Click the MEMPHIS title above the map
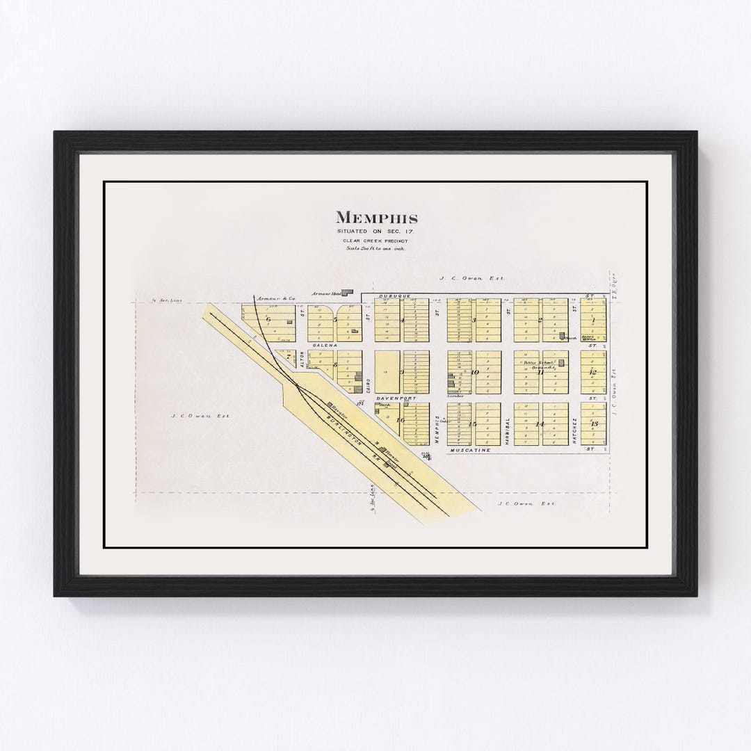click(x=377, y=218)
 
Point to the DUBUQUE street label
click(x=391, y=297)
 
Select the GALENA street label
click(x=325, y=346)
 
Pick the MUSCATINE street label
click(x=471, y=450)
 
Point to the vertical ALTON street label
click(x=302, y=360)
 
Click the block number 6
click(x=268, y=319)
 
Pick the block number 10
click(x=475, y=373)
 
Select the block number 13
click(x=593, y=424)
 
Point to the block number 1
click(x=593, y=321)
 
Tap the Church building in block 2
click(x=563, y=336)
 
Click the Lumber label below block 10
click(x=455, y=396)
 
